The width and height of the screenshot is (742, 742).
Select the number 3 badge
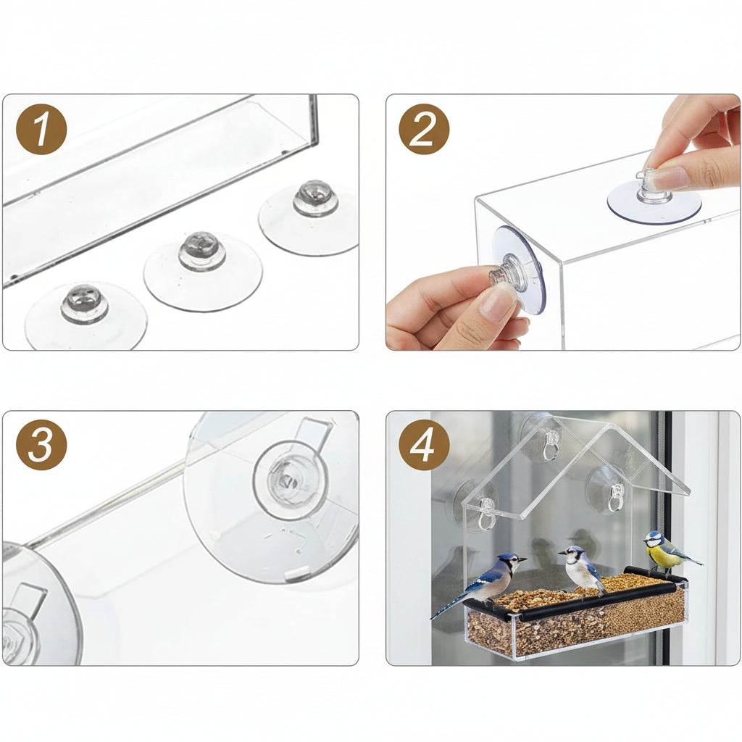tap(41, 445)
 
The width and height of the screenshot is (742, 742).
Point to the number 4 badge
tap(424, 445)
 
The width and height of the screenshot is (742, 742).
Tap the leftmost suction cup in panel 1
tap(85, 313)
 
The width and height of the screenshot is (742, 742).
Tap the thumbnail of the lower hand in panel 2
tap(498, 305)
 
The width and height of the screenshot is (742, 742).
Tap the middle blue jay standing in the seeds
tap(582, 569)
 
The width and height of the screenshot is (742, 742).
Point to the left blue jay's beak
tap(523, 559)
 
